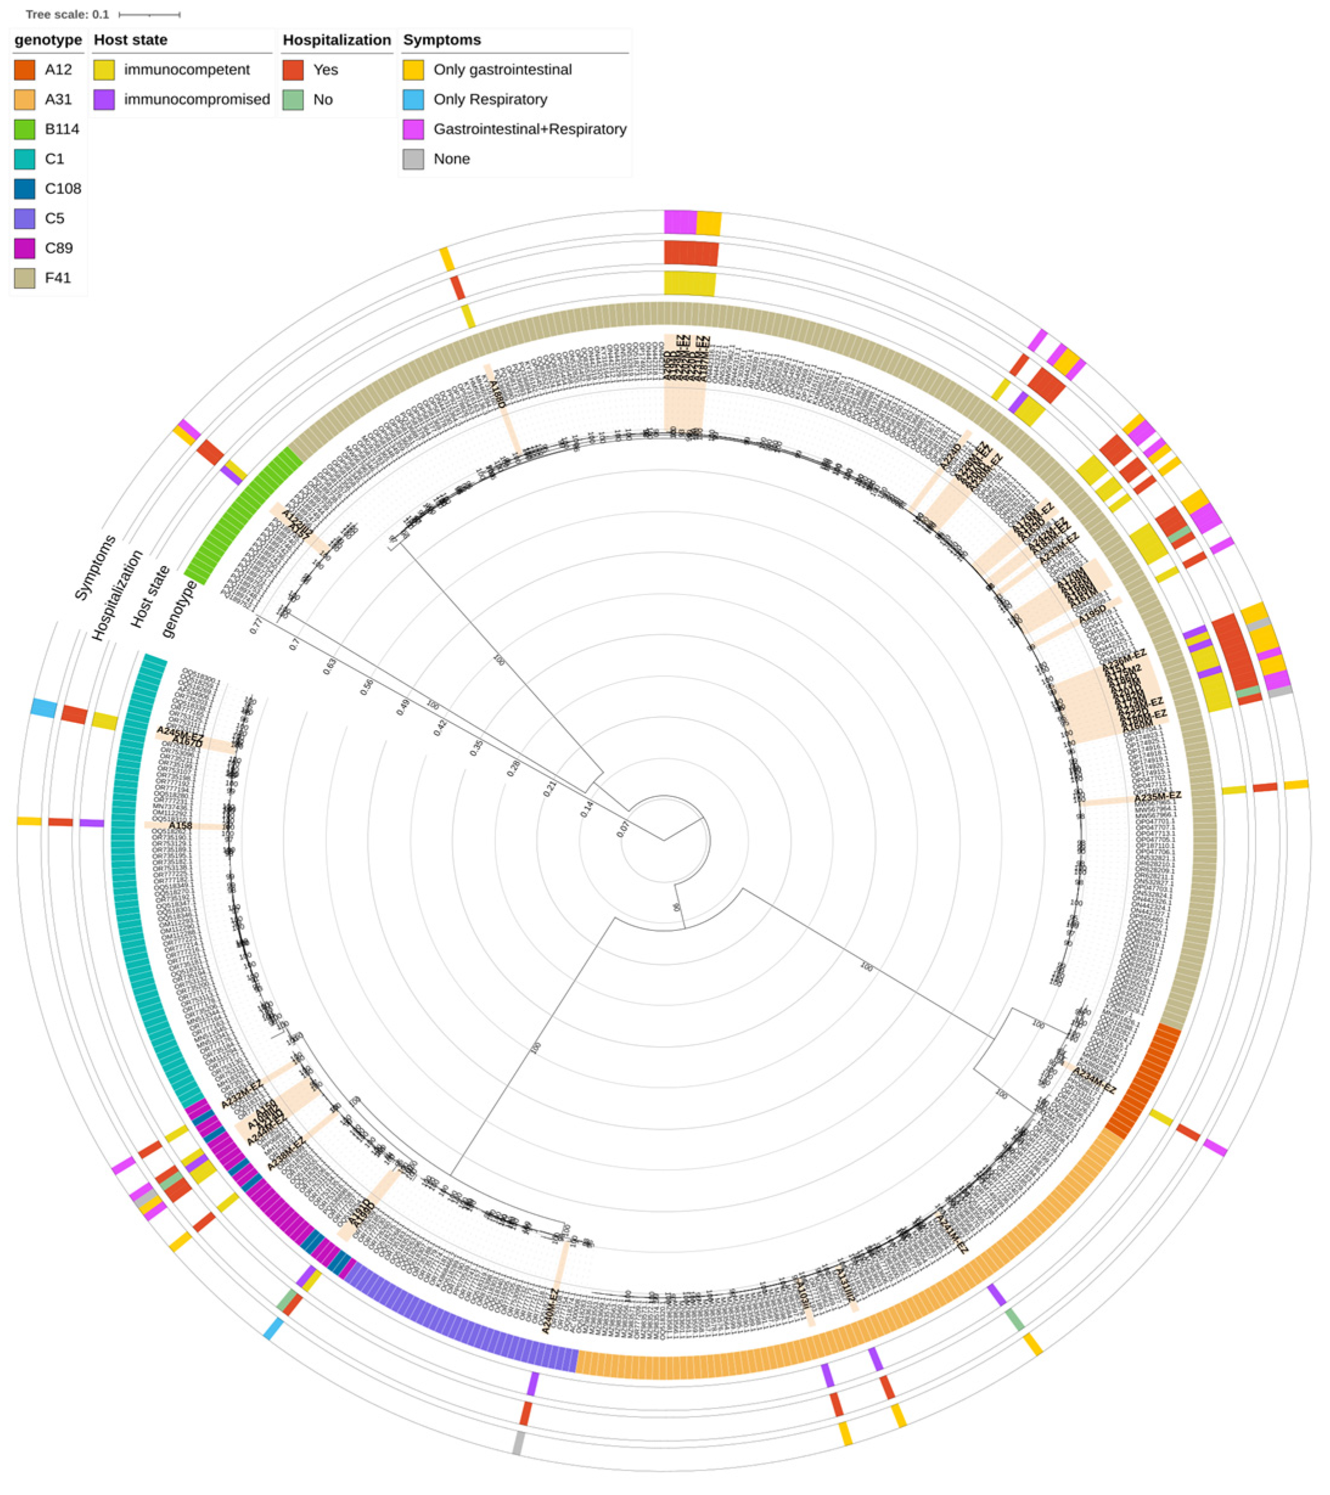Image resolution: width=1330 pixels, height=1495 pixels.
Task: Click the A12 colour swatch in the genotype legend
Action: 24,69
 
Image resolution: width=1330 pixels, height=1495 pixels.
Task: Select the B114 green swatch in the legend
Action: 24,129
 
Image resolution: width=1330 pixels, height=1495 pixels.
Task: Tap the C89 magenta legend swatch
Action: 24,249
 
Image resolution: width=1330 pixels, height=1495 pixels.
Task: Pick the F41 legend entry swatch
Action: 24,278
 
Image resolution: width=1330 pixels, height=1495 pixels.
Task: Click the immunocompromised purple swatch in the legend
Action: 104,100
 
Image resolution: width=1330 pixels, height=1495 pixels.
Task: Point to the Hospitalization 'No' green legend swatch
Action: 293,100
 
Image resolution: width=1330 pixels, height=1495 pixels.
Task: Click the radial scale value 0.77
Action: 256,626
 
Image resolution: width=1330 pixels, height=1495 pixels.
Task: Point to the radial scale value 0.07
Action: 623,829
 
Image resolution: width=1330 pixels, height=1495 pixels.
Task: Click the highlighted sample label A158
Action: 180,826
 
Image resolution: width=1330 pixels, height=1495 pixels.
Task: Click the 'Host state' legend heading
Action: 130,40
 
